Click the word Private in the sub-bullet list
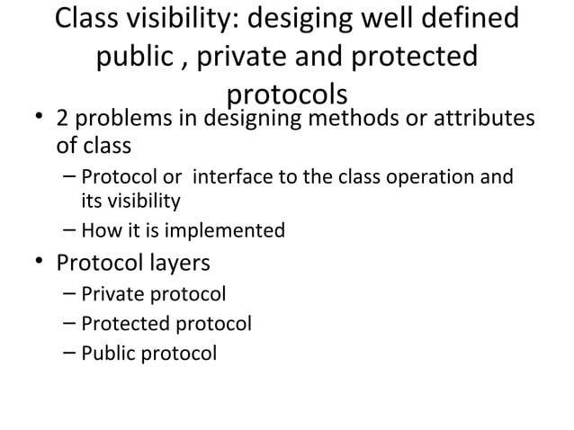click(111, 294)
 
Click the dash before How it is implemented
click(70, 231)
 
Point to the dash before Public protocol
click(70, 353)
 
